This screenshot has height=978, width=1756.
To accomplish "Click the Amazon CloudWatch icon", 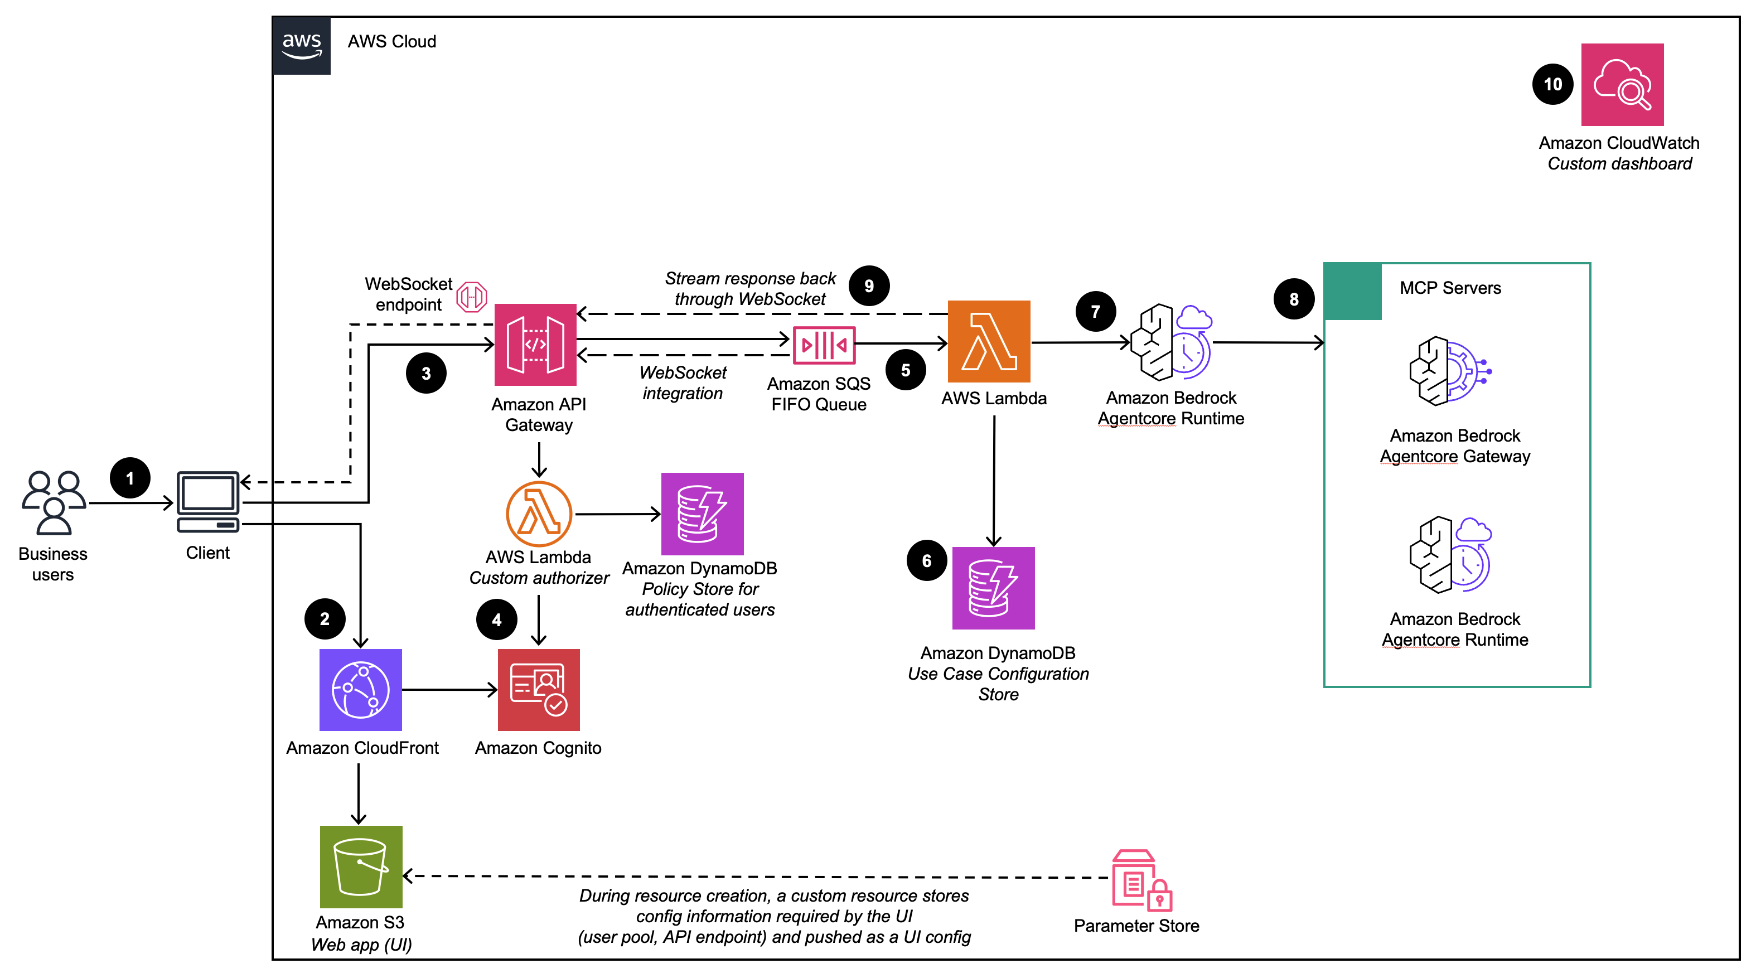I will [x=1622, y=85].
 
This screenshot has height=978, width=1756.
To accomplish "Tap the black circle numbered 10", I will [x=1552, y=85].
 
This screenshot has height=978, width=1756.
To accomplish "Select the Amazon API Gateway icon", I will [x=535, y=344].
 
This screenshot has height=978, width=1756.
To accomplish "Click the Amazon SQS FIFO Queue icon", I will [x=824, y=345].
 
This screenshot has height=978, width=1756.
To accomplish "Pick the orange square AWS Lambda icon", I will [x=989, y=341].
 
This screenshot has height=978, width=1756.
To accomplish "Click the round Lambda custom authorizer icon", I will [x=539, y=514].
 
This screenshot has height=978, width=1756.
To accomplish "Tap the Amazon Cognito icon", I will [x=539, y=689].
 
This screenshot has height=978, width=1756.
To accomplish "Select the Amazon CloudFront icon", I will [x=361, y=689].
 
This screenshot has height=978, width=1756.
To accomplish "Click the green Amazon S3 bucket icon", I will [x=361, y=866].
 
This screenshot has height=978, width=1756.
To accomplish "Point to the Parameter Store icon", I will [x=1141, y=880].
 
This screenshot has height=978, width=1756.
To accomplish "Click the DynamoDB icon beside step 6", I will [x=993, y=588].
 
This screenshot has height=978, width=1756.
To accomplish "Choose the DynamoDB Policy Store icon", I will [x=702, y=514].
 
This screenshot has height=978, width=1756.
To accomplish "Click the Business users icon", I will [x=53, y=502].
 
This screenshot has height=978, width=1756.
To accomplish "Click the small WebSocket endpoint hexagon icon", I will [x=471, y=297].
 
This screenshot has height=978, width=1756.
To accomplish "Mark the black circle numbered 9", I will [x=868, y=285].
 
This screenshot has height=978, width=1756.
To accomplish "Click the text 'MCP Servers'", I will [x=1450, y=288].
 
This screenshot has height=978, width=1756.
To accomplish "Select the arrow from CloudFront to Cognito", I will [x=450, y=690].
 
